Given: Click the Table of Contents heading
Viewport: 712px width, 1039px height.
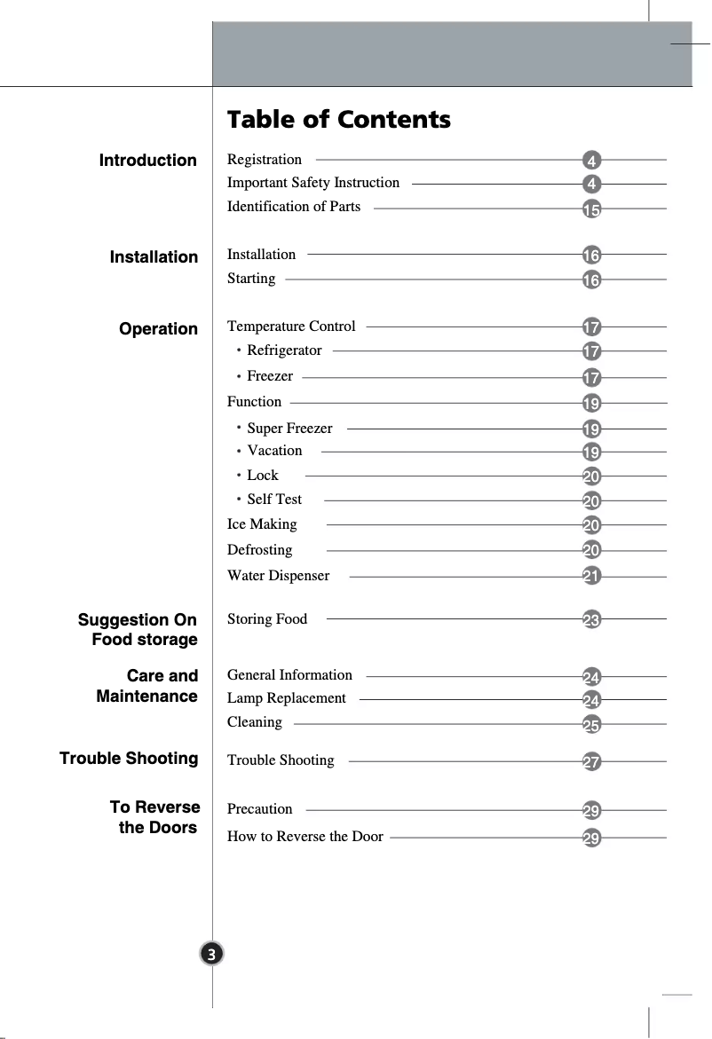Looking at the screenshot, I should [x=338, y=120].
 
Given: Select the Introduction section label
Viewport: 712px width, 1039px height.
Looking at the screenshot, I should [x=148, y=161].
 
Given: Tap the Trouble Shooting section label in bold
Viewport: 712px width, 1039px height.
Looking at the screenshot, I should [x=129, y=759].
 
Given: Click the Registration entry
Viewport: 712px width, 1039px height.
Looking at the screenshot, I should [x=265, y=160].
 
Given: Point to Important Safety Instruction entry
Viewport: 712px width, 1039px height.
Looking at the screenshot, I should [x=313, y=183].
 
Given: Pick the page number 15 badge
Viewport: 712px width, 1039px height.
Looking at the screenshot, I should [x=591, y=210].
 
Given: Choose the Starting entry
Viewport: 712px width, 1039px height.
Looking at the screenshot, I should [x=251, y=279].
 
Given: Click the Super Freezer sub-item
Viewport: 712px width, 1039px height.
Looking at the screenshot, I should [x=289, y=429].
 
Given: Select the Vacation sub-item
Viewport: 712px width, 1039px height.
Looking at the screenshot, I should [x=274, y=451].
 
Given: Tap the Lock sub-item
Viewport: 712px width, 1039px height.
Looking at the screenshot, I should [x=263, y=476].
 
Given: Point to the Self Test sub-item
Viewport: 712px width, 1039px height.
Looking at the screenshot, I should [x=274, y=500].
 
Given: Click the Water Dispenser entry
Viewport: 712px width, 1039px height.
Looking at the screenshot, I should [x=278, y=576].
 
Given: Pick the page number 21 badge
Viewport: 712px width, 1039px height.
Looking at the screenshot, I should [x=591, y=578].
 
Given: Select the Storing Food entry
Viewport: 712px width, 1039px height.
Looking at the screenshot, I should [x=267, y=619].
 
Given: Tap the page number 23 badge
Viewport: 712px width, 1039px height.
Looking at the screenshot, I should [x=591, y=620].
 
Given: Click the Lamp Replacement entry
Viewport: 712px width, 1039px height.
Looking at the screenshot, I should [x=287, y=698].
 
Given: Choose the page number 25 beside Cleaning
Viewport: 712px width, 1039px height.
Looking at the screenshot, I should [x=591, y=726].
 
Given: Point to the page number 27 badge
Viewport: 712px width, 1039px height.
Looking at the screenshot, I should [x=591, y=762].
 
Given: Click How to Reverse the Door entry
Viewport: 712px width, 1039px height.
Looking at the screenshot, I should [x=305, y=837].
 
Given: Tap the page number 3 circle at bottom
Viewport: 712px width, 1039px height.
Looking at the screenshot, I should [x=210, y=954].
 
